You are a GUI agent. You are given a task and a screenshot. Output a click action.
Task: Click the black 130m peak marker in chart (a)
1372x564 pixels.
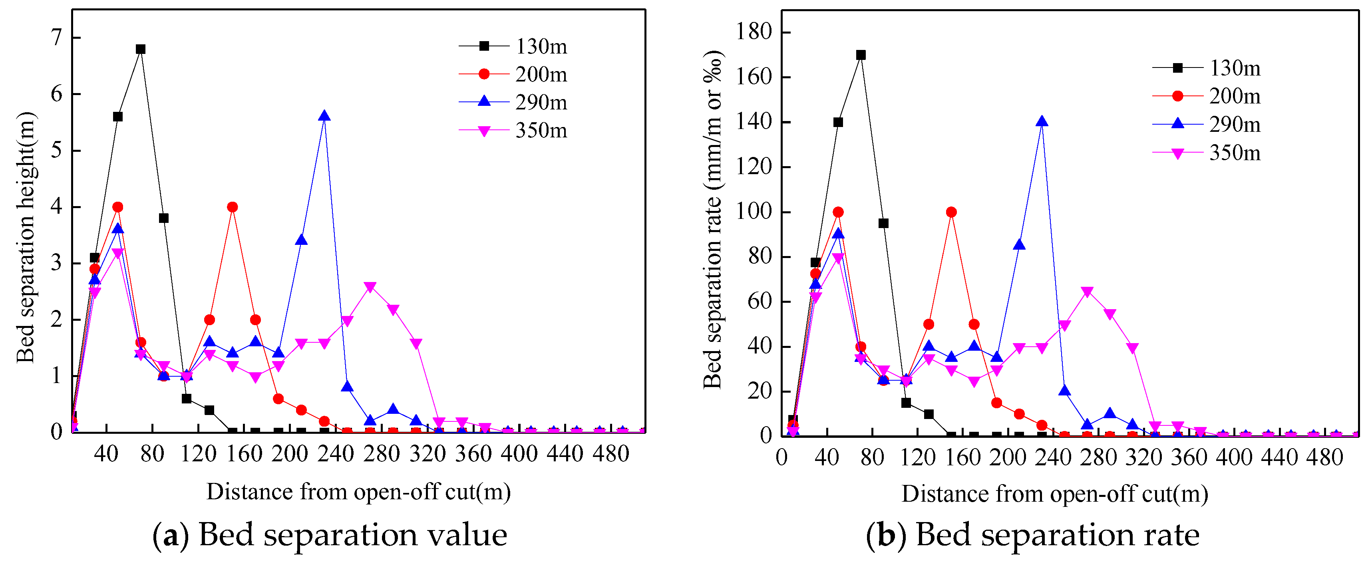click(141, 49)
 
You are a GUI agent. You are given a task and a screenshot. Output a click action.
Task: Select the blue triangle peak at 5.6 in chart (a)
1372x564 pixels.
click(324, 116)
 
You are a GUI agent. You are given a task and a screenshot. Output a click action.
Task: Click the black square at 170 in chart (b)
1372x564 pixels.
click(861, 55)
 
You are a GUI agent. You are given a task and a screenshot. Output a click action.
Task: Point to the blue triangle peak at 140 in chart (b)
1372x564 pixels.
click(1042, 122)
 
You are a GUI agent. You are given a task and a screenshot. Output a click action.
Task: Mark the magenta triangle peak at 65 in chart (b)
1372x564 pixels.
click(1087, 292)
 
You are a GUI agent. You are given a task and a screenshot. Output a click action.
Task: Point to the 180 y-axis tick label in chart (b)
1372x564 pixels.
click(754, 32)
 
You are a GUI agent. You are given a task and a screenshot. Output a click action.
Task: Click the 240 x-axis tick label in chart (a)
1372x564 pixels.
click(336, 454)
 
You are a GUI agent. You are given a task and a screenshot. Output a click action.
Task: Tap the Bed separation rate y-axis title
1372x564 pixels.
click(713, 219)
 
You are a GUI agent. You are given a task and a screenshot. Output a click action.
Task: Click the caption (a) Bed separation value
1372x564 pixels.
click(330, 535)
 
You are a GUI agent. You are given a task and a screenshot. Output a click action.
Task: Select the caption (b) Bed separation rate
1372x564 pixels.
click(1032, 535)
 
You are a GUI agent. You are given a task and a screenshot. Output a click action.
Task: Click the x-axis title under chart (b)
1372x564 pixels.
click(1054, 494)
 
